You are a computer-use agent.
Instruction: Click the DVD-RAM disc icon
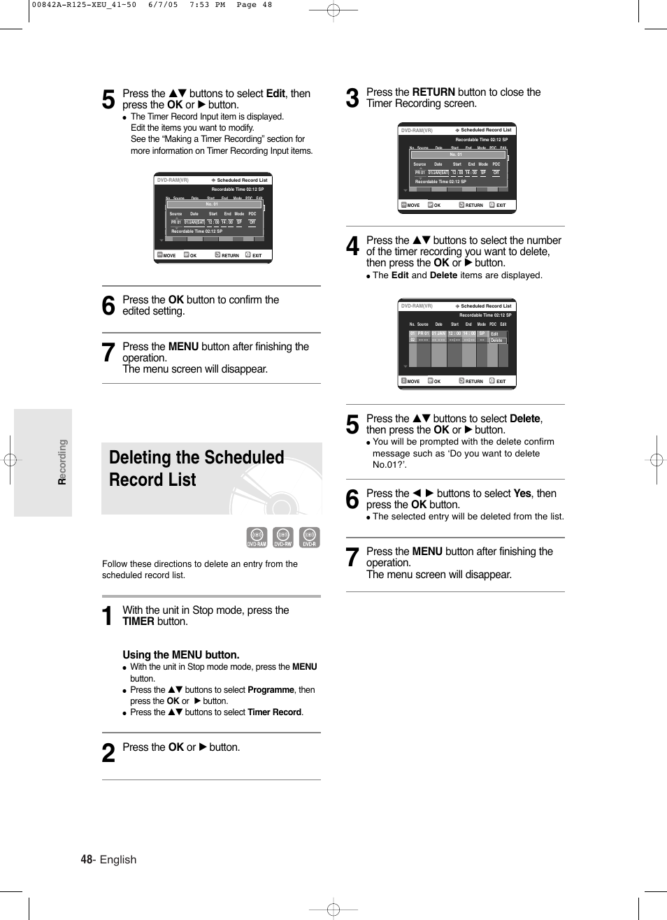point(257,537)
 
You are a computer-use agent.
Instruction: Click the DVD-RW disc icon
point(282,537)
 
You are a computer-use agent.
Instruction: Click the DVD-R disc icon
point(309,537)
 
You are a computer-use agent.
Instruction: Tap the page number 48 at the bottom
point(86,859)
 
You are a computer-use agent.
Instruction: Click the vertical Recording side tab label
point(62,462)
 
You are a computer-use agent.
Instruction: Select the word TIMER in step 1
point(138,621)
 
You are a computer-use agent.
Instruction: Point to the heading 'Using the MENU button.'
point(181,655)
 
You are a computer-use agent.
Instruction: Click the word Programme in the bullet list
point(271,690)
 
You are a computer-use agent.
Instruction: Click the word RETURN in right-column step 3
point(433,92)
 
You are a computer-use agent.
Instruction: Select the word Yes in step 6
point(522,494)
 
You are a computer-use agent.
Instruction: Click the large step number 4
point(353,246)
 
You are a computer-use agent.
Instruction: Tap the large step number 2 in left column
point(108,753)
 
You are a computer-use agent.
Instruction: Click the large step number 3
point(353,98)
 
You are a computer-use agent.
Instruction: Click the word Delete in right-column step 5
point(524,419)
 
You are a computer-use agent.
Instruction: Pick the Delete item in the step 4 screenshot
point(496,340)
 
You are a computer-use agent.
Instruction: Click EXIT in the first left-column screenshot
point(257,256)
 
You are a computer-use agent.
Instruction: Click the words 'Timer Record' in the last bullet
point(274,712)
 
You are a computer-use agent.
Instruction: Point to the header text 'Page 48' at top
point(254,5)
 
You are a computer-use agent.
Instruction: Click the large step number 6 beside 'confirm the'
point(108,306)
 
